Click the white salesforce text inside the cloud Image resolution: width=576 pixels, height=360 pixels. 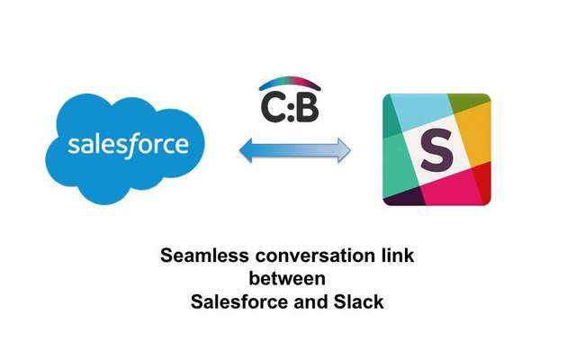click(x=128, y=145)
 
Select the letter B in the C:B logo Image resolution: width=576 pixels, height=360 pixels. click(x=306, y=107)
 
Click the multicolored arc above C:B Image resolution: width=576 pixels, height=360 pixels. click(x=290, y=81)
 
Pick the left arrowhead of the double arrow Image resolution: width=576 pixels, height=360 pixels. click(x=246, y=150)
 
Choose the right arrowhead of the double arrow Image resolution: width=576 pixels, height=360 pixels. click(x=344, y=150)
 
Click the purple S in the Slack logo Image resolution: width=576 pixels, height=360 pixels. click(x=436, y=149)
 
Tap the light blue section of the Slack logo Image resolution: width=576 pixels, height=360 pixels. click(x=422, y=110)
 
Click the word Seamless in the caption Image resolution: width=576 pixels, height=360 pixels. click(x=204, y=256)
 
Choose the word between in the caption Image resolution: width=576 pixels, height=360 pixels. click(x=287, y=278)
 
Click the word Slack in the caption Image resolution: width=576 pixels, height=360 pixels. click(x=358, y=302)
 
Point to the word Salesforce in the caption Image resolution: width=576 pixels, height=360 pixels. click(x=239, y=302)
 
